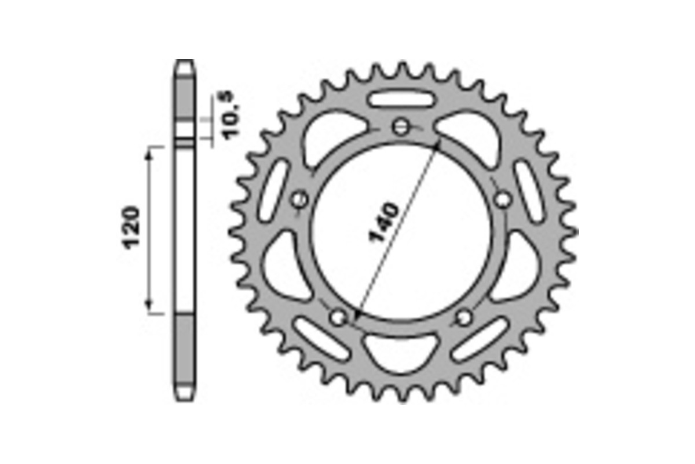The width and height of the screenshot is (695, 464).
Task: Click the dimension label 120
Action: pos(132,226)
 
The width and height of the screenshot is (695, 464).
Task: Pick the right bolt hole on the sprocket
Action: pos(503,200)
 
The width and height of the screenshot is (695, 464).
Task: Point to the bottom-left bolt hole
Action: pos(338,317)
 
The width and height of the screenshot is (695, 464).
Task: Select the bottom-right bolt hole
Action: pos(464,317)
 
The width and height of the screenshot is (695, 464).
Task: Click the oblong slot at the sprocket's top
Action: pos(401,98)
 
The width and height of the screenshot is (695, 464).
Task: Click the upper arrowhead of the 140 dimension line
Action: pos(438,142)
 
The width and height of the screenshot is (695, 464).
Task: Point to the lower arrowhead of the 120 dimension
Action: pos(149,307)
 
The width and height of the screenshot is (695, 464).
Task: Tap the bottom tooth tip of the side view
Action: pos(185,398)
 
